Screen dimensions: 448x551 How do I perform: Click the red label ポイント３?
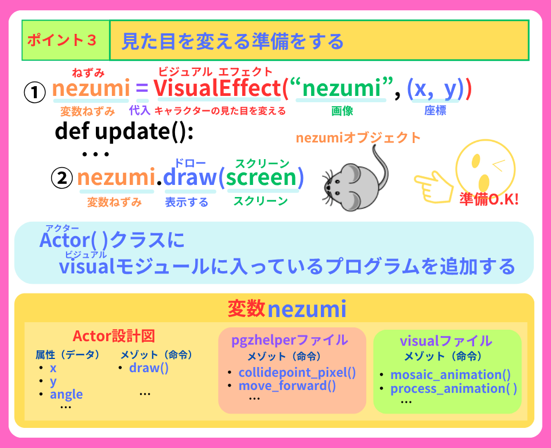point(62,40)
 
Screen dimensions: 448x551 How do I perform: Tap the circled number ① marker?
point(34,91)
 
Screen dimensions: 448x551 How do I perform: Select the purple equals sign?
point(142,89)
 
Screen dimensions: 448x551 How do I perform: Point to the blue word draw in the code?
point(189,177)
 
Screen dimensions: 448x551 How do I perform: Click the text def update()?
point(125,132)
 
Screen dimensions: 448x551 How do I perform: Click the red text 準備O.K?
point(489,199)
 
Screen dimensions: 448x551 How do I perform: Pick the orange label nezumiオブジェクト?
point(358,138)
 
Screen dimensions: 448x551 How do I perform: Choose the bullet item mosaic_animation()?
point(451,375)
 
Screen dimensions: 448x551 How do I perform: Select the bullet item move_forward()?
point(287,385)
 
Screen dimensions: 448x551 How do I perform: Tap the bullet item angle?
point(66,394)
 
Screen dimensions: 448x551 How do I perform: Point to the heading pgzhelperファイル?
point(289,339)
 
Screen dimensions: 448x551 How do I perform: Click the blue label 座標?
point(435,111)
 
